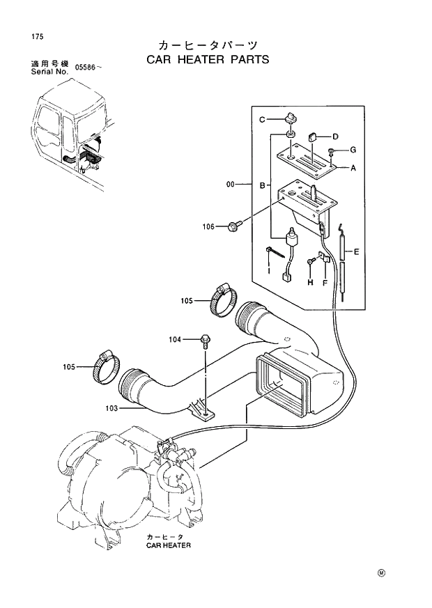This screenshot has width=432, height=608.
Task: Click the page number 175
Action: [x=28, y=36]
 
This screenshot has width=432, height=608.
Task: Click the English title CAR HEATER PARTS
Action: [x=207, y=59]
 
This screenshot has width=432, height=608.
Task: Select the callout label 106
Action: [x=209, y=226]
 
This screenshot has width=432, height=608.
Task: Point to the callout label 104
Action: [x=174, y=339]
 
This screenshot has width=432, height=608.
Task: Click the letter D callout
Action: [x=334, y=136]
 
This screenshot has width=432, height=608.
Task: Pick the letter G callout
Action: [x=353, y=150]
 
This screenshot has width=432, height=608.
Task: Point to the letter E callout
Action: [x=356, y=251]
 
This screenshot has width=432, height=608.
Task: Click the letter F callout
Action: [x=325, y=282]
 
